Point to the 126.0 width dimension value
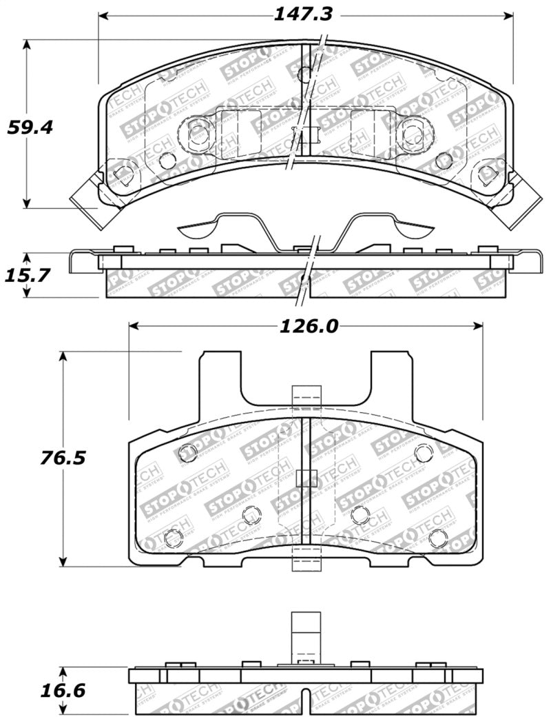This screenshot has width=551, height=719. click(x=310, y=325)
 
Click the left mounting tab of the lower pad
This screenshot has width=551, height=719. click(x=220, y=376)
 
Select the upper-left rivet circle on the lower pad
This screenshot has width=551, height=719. click(x=188, y=452)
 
